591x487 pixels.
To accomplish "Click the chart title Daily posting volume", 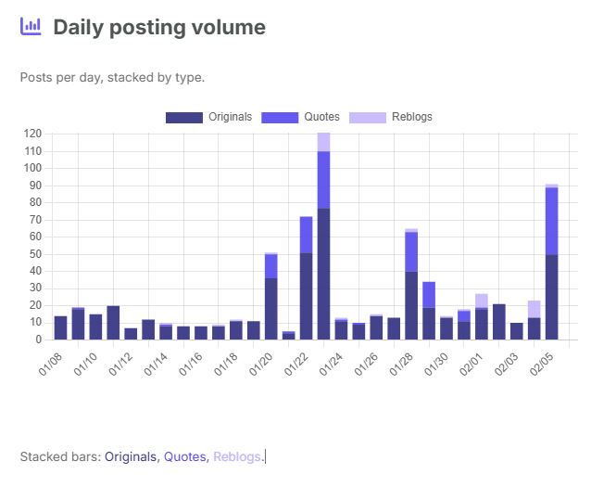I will pyautogui.click(x=159, y=28).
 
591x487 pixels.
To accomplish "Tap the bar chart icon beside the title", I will pyautogui.click(x=31, y=27).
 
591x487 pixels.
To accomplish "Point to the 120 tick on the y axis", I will pyautogui.click(x=32, y=134).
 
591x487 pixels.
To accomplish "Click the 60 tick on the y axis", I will pyautogui.click(x=35, y=237).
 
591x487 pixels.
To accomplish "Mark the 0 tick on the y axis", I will pyautogui.click(x=38, y=340).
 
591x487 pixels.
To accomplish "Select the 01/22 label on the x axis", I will pyautogui.click(x=299, y=363).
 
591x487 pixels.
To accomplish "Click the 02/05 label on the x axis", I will pyautogui.click(x=546, y=363).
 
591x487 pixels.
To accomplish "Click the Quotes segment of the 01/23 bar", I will pyautogui.click(x=323, y=179).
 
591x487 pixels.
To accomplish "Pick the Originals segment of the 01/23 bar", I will pyautogui.click(x=323, y=274).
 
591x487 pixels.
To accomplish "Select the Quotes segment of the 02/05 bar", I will pyautogui.click(x=551, y=220).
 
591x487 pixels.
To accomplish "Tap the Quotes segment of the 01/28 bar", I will pyautogui.click(x=411, y=251).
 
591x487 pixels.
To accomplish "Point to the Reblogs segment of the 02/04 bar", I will pyautogui.click(x=534, y=309).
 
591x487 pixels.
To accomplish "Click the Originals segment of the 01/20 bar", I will pyautogui.click(x=270, y=308).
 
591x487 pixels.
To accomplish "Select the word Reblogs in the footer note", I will pyautogui.click(x=237, y=456).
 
